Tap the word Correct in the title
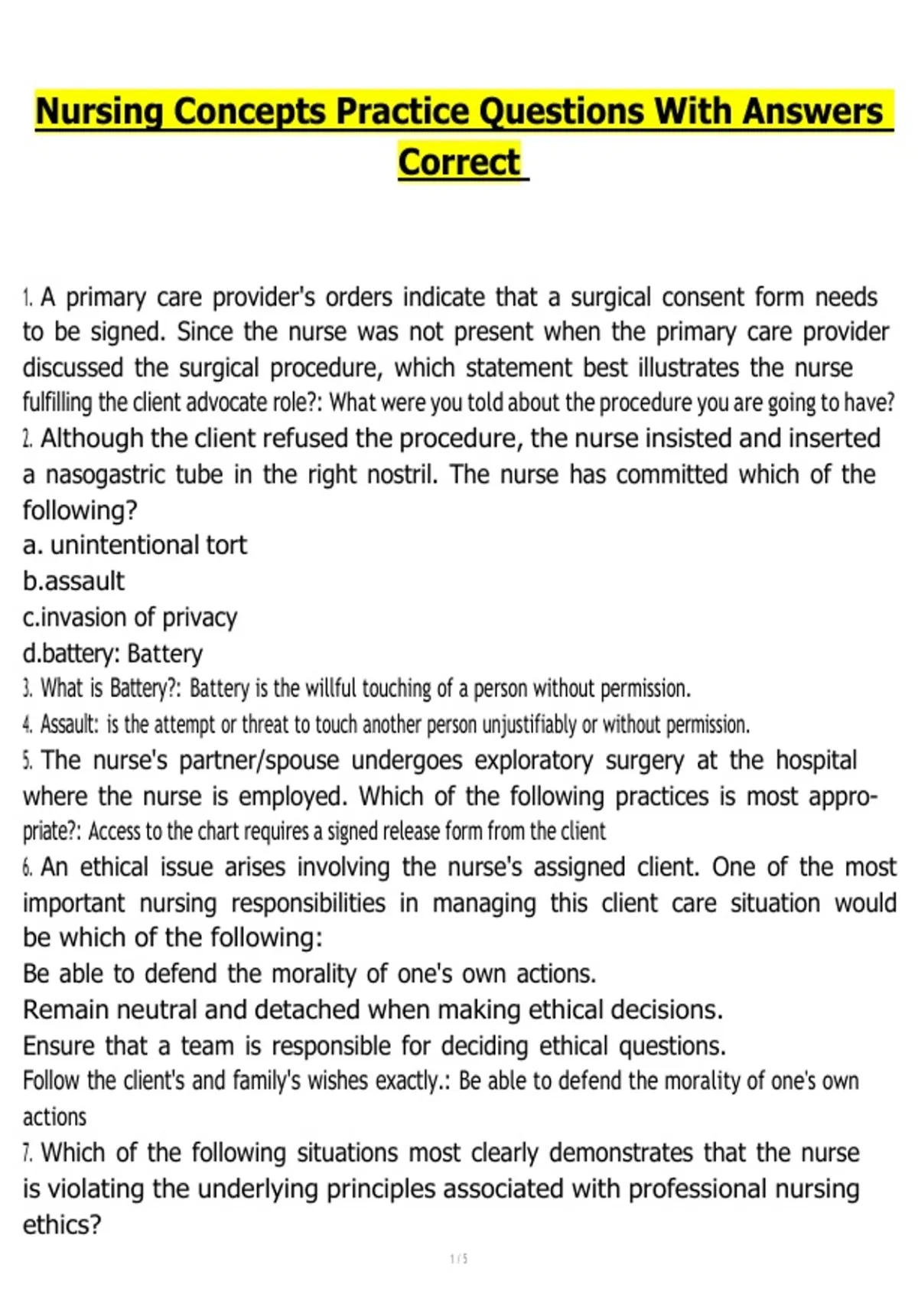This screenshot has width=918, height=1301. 459,162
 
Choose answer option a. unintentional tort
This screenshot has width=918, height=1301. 135,546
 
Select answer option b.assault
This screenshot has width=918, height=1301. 73,582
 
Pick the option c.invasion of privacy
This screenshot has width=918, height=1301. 130,618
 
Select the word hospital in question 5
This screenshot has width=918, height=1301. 815,761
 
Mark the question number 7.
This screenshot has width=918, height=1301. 28,1153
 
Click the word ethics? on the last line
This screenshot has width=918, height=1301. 62,1225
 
